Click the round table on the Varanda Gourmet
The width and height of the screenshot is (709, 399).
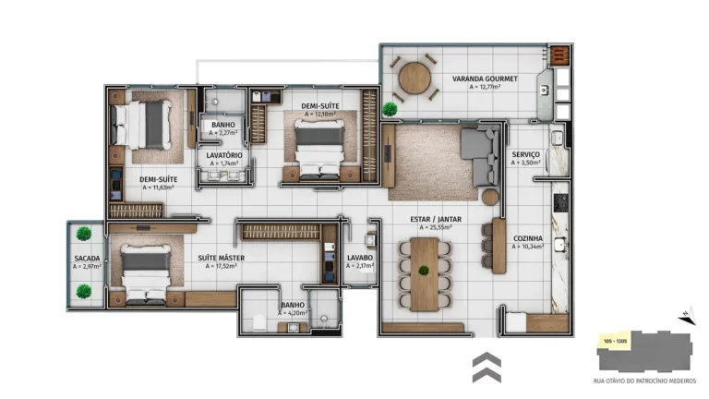[x=415, y=78]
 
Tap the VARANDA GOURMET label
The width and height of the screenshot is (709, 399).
[x=476, y=79]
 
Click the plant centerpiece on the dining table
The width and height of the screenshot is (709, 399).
[x=424, y=271]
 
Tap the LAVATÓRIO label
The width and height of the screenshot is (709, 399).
[x=224, y=155]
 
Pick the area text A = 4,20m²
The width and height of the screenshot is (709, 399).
[x=293, y=312]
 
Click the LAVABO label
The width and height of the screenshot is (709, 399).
[x=359, y=258]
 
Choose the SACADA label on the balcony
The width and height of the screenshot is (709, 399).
[x=87, y=258]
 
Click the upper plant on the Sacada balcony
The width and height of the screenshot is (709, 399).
[x=85, y=233]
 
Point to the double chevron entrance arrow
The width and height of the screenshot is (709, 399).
[x=487, y=366]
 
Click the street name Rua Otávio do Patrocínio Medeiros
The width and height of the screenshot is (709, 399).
[x=644, y=381]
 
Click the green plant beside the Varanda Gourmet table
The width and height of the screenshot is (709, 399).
[x=390, y=109]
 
